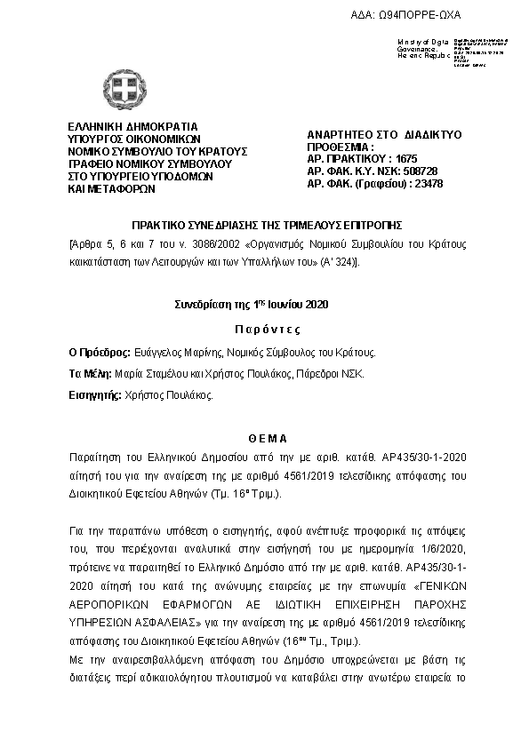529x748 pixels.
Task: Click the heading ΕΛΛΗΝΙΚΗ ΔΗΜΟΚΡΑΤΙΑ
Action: [133, 126]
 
